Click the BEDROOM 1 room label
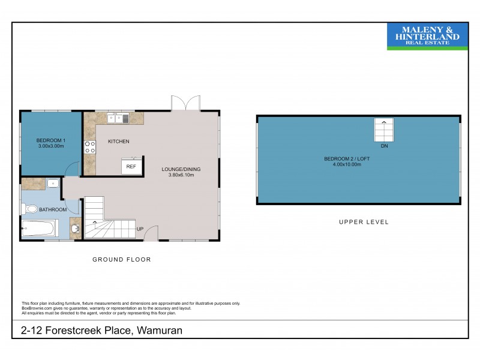pyautogui.click(x=51, y=143)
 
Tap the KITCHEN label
pyautogui.click(x=119, y=142)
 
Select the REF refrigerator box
pyautogui.click(x=131, y=167)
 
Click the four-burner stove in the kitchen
pyautogui.click(x=91, y=146)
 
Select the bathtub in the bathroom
pyautogui.click(x=39, y=229)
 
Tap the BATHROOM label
pyautogui.click(x=53, y=210)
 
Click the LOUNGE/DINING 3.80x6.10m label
pyautogui.click(x=181, y=173)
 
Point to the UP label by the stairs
pyautogui.click(x=140, y=229)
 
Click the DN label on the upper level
pyautogui.click(x=384, y=145)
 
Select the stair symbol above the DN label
pyautogui.click(x=384, y=129)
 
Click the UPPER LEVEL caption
pyautogui.click(x=364, y=222)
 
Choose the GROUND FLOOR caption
pyautogui.click(x=121, y=260)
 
